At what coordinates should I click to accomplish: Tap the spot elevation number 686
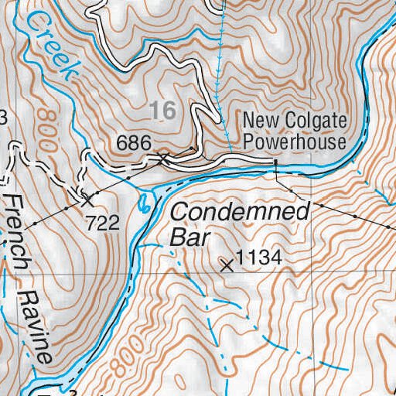point(132,143)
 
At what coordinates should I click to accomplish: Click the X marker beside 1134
point(227,265)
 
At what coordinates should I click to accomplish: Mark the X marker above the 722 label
point(87,199)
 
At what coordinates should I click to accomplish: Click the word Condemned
point(240,210)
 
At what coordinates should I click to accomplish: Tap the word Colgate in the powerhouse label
point(315,121)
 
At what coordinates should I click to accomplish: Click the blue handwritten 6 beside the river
point(144,204)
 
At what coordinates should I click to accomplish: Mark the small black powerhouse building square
point(274,161)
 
